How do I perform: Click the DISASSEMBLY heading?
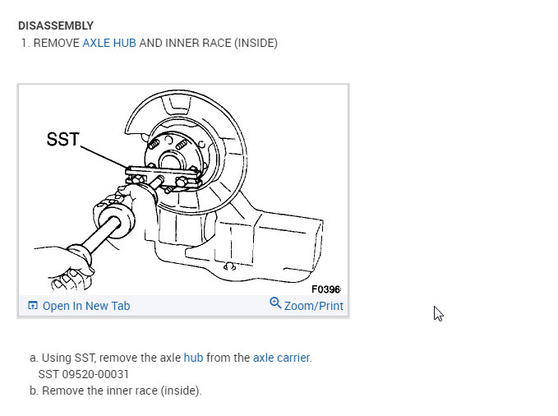[56, 25]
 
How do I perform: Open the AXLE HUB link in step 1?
[109, 43]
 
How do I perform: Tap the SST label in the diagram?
[62, 139]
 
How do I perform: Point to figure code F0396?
[325, 289]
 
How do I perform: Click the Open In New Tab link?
[86, 306]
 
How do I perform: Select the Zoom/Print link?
[314, 306]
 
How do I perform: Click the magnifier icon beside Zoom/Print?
[275, 303]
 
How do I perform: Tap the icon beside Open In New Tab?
[33, 305]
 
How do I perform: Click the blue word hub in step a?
[193, 358]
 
